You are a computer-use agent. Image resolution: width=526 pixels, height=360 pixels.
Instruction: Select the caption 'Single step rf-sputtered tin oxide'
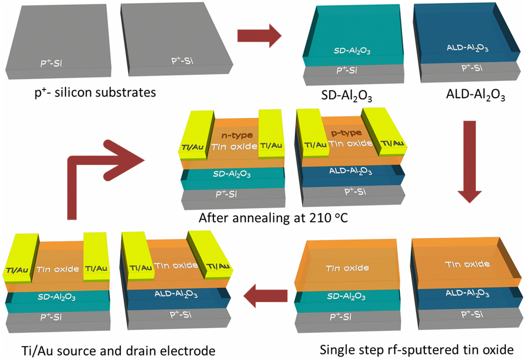(x=421, y=350)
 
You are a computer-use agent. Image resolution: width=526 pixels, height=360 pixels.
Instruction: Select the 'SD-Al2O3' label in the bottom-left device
(x=57, y=297)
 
